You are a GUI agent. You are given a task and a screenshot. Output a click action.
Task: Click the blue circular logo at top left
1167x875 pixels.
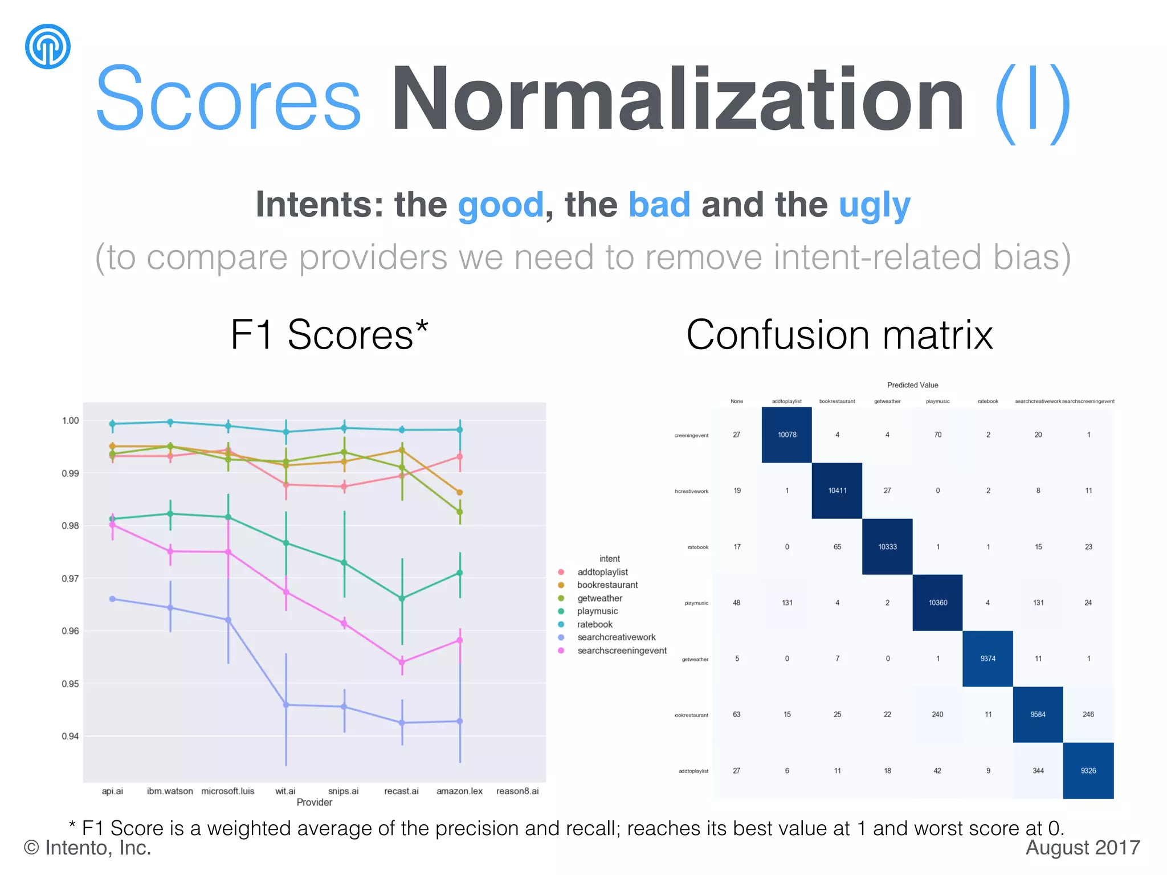[x=48, y=46]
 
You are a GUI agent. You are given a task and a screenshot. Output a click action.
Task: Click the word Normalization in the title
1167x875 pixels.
[x=677, y=100]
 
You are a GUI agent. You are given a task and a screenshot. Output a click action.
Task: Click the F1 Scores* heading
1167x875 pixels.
[x=329, y=334]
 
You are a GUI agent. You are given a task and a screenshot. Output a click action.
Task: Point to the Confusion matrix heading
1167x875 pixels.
[x=839, y=334]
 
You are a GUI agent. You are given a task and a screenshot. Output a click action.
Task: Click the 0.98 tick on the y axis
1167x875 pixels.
[x=70, y=525]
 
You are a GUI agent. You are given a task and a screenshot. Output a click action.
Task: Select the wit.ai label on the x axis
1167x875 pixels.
[x=285, y=791]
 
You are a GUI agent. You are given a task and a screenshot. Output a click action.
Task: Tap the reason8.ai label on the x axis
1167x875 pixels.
[x=517, y=791]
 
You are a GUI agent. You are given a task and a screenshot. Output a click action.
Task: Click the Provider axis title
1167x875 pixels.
[x=314, y=802]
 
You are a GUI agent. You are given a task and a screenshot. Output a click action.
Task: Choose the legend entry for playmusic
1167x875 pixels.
[x=597, y=611]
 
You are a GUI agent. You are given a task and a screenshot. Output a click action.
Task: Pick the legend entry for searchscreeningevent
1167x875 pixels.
[x=621, y=651]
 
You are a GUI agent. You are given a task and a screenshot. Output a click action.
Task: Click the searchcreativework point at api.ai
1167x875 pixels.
[x=112, y=599]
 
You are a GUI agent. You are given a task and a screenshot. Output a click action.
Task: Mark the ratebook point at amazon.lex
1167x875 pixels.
[x=460, y=430]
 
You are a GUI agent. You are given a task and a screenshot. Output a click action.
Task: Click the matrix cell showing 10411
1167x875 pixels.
[x=837, y=490]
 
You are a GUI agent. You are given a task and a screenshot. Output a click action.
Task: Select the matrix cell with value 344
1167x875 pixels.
[x=1038, y=771]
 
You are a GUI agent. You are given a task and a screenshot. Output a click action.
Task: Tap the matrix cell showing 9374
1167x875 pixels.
[x=988, y=659]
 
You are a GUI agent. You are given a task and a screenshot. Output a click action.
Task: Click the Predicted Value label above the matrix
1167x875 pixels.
[x=912, y=385]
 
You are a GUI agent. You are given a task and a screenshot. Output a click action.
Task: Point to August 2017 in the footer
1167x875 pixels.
[x=1082, y=848]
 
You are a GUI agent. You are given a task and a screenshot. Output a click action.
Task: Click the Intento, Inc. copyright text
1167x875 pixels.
[x=88, y=848]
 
